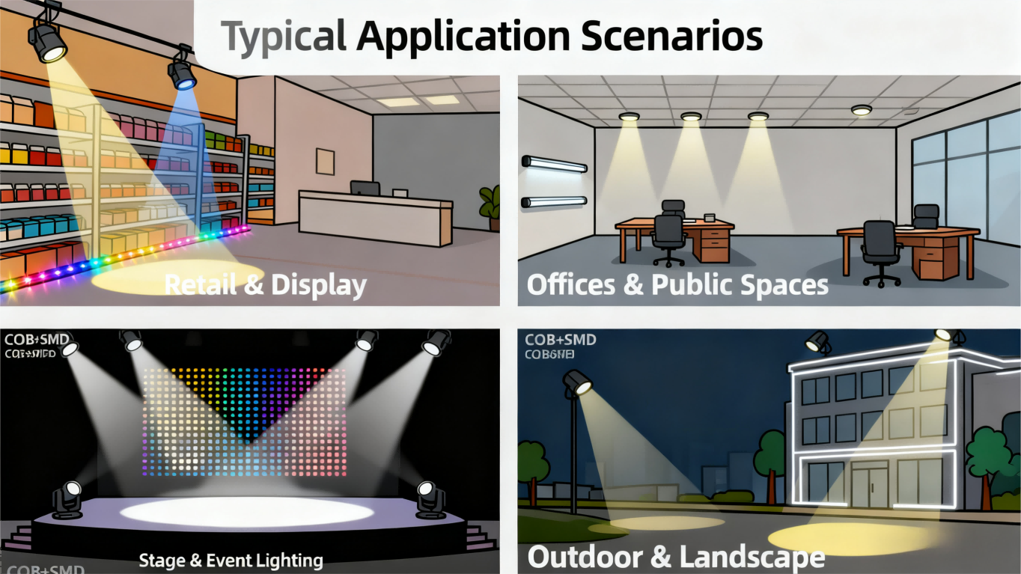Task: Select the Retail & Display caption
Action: pos(265,285)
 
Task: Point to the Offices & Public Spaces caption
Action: pos(677,285)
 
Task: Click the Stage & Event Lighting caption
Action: pos(231,560)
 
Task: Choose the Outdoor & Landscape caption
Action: pos(676,558)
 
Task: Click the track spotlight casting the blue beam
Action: pos(181,73)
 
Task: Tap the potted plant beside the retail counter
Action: pos(490,207)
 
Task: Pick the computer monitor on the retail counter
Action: pos(365,188)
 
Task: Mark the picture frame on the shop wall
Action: pos(325,161)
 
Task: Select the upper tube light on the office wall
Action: pos(555,164)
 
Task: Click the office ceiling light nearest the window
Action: pos(862,110)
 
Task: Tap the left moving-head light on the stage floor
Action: pos(67,499)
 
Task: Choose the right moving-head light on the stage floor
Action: pos(430,499)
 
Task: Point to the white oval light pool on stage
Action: pos(246,512)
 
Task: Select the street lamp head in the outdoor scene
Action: pos(577,382)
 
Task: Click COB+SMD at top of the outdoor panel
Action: pos(561,340)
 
